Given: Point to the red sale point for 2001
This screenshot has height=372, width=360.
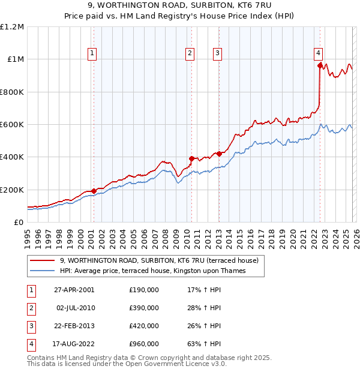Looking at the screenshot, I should [x=94, y=191].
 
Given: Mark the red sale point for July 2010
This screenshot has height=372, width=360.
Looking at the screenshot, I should [x=191, y=159].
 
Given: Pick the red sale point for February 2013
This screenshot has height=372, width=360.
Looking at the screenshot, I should [x=219, y=154].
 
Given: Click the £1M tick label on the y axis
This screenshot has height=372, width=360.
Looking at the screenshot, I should [x=16, y=59].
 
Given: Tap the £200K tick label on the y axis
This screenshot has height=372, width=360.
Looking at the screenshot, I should [x=12, y=190].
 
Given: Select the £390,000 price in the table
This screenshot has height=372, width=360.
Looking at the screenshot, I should [x=144, y=308].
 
